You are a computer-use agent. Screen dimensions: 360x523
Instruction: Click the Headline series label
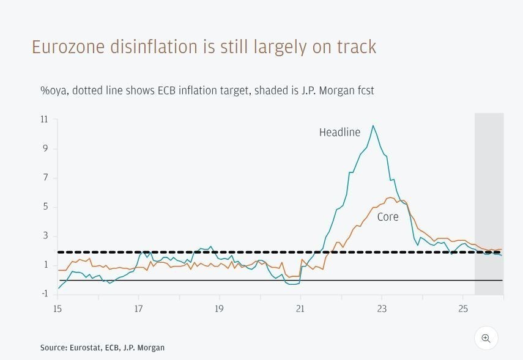[339, 132]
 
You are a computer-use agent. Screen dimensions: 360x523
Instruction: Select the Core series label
[387, 217]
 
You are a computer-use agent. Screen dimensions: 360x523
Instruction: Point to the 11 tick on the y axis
[44, 120]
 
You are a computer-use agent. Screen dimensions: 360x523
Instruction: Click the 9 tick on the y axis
[45, 149]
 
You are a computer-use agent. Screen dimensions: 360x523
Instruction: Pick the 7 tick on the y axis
[45, 178]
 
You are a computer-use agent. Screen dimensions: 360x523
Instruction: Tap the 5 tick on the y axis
[45, 207]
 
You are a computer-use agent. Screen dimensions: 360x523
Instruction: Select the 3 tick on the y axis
[45, 236]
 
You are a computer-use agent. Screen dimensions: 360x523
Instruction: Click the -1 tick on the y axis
[44, 294]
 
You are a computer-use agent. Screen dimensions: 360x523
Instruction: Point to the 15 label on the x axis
[57, 309]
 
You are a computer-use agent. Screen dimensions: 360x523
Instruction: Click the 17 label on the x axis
[138, 309]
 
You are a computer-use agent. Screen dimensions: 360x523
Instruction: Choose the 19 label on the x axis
[219, 309]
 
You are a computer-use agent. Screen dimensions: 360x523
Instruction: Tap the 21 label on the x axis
[300, 309]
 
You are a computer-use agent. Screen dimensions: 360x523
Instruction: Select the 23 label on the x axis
[381, 309]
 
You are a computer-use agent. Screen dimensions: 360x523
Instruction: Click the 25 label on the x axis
[462, 309]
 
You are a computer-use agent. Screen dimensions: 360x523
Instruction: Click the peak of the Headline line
[373, 126]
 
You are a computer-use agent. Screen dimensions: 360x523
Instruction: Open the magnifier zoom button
[486, 338]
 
